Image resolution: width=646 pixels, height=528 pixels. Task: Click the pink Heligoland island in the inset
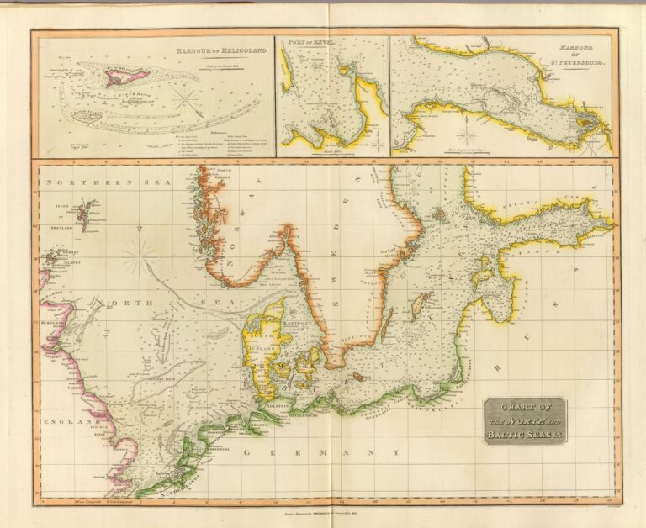coord(124,77)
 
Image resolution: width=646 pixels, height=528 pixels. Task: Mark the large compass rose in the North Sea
coord(139,256)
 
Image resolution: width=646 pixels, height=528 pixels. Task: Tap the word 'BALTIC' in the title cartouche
coord(508,434)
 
